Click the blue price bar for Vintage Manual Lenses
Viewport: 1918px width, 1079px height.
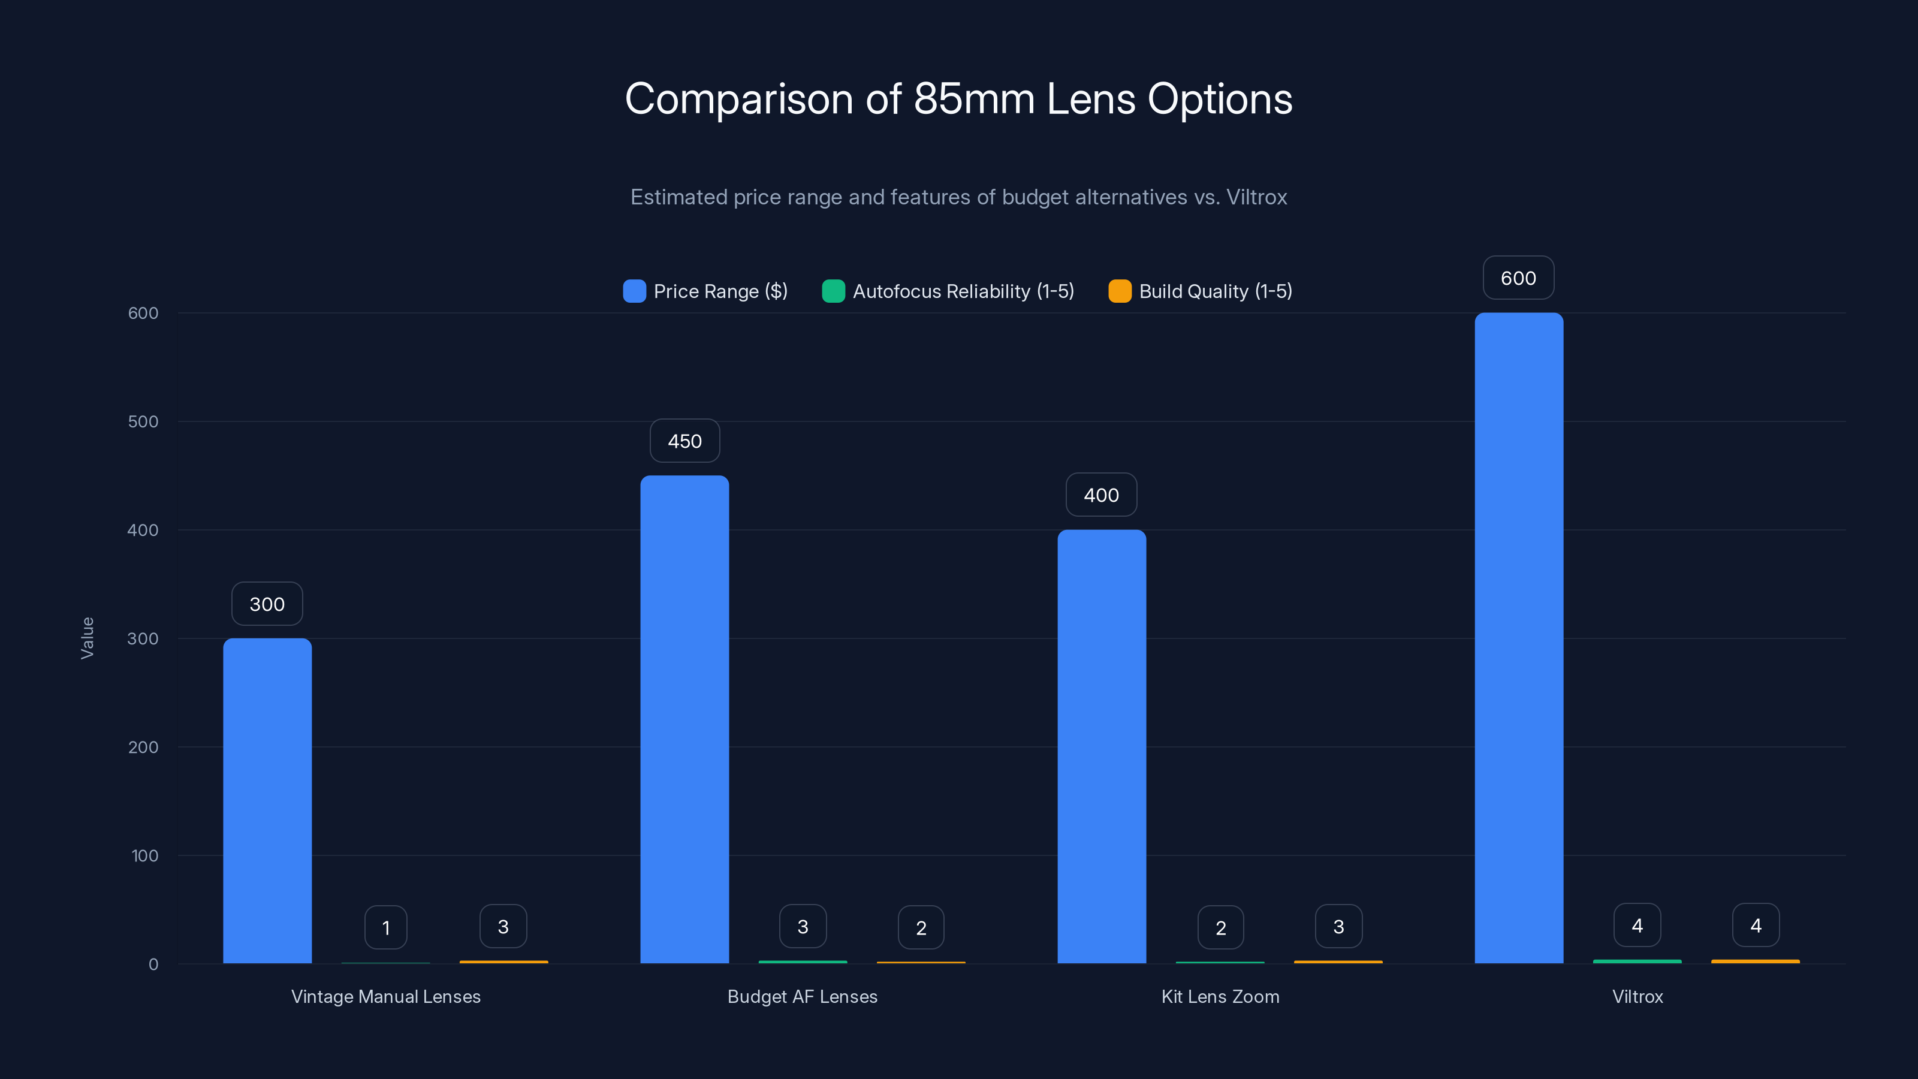(x=267, y=800)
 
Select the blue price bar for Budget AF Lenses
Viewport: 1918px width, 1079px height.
(x=684, y=719)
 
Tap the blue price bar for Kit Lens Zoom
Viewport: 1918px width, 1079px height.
(x=1101, y=746)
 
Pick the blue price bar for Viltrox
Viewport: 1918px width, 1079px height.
(x=1518, y=638)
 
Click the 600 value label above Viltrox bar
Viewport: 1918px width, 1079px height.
(x=1518, y=278)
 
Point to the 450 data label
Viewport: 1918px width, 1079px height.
(x=684, y=441)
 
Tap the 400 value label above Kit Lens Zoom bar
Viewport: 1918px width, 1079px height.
(x=1101, y=495)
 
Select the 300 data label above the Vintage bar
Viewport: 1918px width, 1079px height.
(x=267, y=604)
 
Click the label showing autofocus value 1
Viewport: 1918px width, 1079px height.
(x=385, y=928)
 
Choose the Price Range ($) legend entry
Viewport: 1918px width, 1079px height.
(x=705, y=291)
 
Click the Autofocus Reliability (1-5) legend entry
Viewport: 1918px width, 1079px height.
(x=948, y=291)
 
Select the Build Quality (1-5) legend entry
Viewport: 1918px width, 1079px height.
(x=1200, y=291)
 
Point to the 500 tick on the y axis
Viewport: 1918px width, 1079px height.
(x=143, y=421)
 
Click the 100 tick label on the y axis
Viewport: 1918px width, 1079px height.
(x=144, y=855)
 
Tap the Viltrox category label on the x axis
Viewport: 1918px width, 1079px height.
(x=1637, y=996)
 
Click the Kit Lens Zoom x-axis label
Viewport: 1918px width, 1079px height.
(x=1220, y=996)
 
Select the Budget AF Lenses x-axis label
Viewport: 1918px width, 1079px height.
(x=802, y=996)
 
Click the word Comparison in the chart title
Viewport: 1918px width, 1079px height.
(x=738, y=99)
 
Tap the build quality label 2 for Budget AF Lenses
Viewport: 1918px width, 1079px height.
(x=921, y=928)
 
